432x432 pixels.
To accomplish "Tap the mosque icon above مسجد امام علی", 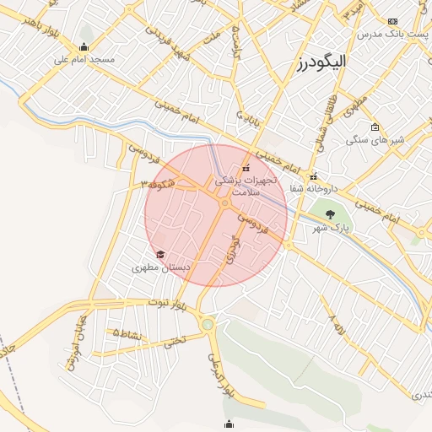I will (84, 47).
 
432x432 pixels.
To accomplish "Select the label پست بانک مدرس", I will (393, 35).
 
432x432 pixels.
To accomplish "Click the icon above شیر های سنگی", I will (375, 127).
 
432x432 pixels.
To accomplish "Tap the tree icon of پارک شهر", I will (330, 214).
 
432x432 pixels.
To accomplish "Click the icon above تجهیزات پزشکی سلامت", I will (246, 168).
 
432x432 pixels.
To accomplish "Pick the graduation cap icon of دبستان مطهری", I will (160, 255).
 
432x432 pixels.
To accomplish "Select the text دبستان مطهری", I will (160, 267).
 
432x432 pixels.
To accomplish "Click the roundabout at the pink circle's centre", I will (224, 203).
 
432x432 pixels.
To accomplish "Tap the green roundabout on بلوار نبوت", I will (208, 323).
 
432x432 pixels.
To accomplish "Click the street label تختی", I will (173, 342).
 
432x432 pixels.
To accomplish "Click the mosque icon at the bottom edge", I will (228, 424).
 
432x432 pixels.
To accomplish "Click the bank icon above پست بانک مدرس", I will (392, 21).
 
